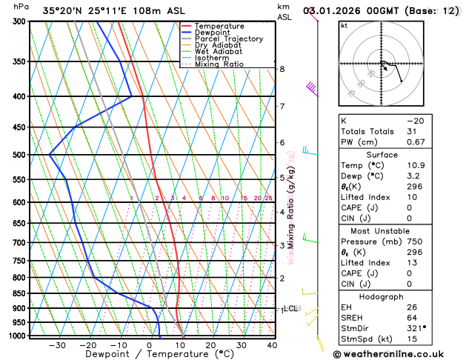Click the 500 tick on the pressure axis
coord(19,155)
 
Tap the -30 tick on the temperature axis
coord(57,345)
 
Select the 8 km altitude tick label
coord(282,69)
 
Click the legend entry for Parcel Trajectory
coord(228,39)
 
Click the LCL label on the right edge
coord(290,308)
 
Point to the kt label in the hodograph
coord(344,25)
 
